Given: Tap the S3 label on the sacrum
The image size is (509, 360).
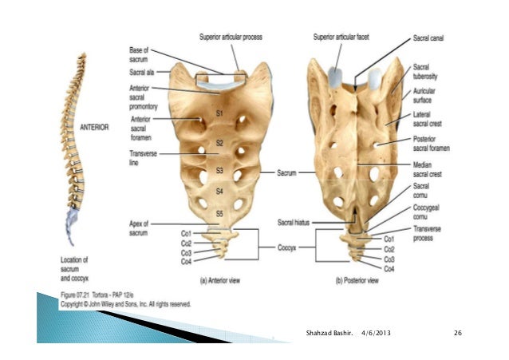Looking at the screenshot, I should click(219, 171).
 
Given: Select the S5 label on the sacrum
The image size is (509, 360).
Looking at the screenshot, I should click(219, 213).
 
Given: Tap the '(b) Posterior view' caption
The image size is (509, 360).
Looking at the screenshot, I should click(354, 280).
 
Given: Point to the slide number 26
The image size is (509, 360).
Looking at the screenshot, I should click(458, 331).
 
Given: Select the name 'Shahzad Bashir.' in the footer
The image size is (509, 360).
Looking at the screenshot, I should click(328, 331).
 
